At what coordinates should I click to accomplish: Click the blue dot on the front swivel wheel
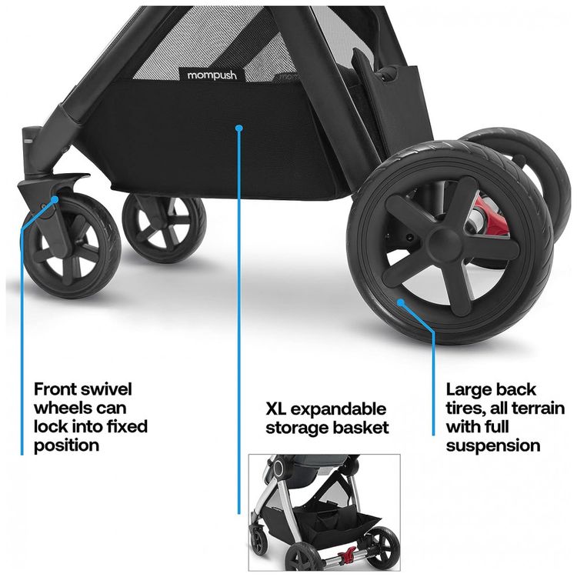coord(55,200)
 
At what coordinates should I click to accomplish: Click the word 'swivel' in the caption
coord(107,389)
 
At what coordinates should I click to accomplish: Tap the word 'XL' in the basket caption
coord(278,409)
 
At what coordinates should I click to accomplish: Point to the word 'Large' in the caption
coord(469,389)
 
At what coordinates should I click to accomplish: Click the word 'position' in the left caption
coord(66,445)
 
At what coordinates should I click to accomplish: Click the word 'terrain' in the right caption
coord(537,408)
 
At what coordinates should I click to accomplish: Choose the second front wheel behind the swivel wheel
coord(164,228)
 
